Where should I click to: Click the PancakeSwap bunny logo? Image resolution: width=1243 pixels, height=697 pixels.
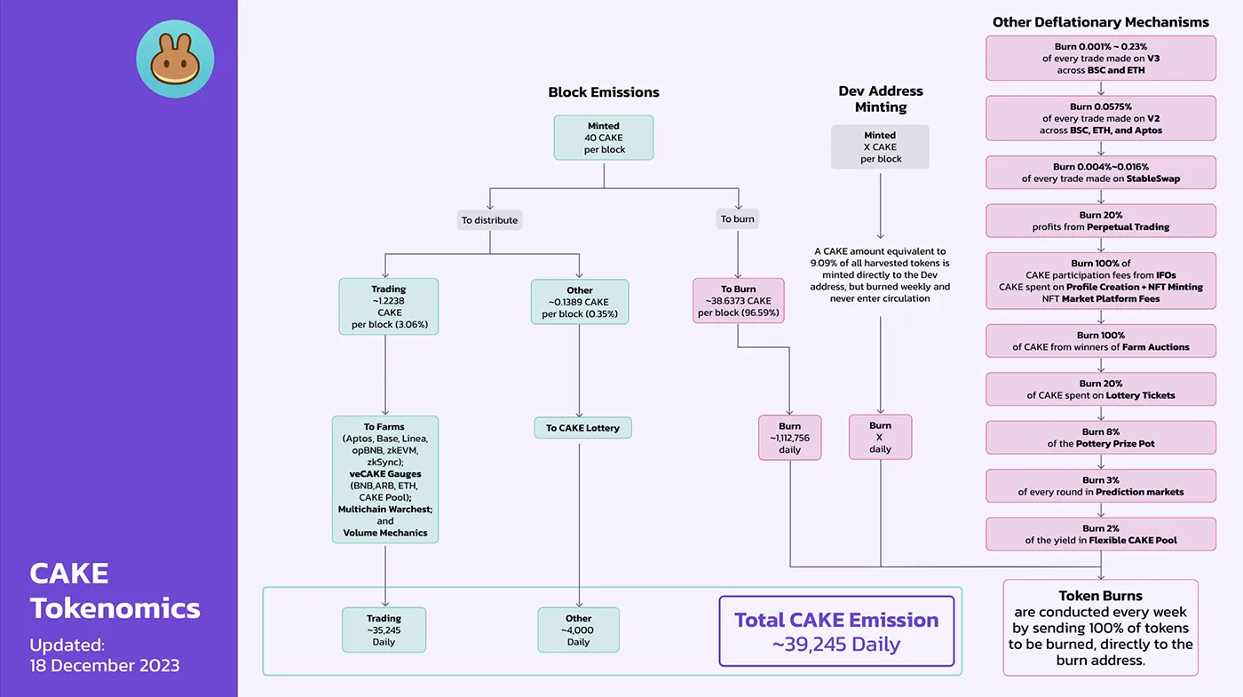pyautogui.click(x=175, y=59)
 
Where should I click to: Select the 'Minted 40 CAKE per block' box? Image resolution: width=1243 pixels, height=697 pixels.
pyautogui.click(x=604, y=138)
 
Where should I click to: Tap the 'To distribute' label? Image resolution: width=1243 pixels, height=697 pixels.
pyautogui.click(x=488, y=219)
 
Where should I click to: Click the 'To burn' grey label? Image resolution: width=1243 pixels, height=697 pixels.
pyautogui.click(x=738, y=219)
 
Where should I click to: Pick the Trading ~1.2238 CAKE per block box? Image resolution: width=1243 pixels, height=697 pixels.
pyautogui.click(x=388, y=306)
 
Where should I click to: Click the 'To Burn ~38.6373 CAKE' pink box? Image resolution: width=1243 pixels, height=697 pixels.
pyautogui.click(x=739, y=301)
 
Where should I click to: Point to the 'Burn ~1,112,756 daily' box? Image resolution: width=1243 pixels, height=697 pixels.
pyautogui.click(x=789, y=438)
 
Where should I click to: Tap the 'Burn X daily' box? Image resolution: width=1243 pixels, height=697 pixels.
pyautogui.click(x=880, y=437)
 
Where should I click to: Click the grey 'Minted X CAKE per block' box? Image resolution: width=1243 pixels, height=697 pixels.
pyautogui.click(x=880, y=147)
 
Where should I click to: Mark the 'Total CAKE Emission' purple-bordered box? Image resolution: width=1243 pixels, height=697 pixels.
pyautogui.click(x=835, y=631)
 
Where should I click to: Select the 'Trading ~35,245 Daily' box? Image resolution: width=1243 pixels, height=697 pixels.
pyautogui.click(x=384, y=630)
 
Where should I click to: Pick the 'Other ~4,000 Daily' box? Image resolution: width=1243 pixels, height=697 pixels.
pyautogui.click(x=578, y=630)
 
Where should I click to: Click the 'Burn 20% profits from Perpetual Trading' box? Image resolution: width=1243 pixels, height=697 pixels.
pyautogui.click(x=1101, y=221)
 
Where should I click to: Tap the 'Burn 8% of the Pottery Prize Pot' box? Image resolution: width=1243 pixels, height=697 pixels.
pyautogui.click(x=1101, y=437)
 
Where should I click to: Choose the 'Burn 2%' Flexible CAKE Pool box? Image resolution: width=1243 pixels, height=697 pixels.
pyautogui.click(x=1101, y=534)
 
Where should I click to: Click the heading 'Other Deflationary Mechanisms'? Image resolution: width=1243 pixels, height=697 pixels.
pyautogui.click(x=1101, y=22)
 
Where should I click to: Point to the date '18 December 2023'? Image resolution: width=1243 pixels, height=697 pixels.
pyautogui.click(x=105, y=665)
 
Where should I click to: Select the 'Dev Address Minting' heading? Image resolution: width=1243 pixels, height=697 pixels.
pyautogui.click(x=881, y=99)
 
